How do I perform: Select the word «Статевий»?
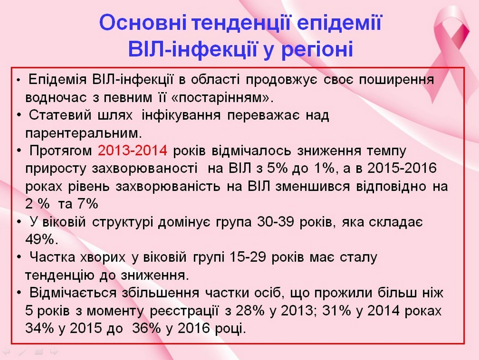point(60,115)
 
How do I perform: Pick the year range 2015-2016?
point(402,168)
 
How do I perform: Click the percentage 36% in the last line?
point(146,328)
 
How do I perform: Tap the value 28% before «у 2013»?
point(250,311)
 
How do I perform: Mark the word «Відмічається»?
point(73,293)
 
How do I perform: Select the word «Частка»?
point(52,257)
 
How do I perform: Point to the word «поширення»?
point(396,80)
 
